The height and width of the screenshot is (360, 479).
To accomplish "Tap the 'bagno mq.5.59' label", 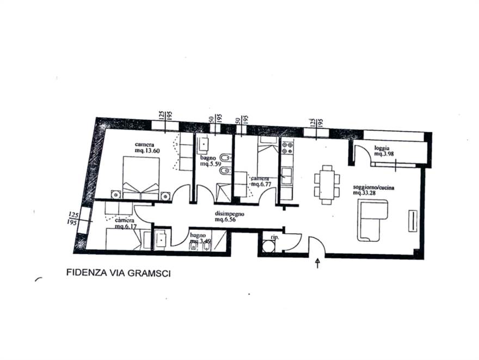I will [x=210, y=161].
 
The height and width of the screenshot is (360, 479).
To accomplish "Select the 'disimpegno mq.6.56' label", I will [x=229, y=217].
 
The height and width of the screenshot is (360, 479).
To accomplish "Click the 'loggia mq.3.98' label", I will [x=384, y=151].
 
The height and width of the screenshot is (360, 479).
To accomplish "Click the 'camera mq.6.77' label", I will [x=260, y=181].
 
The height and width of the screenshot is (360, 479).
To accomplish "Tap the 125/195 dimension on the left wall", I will [x=71, y=218].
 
